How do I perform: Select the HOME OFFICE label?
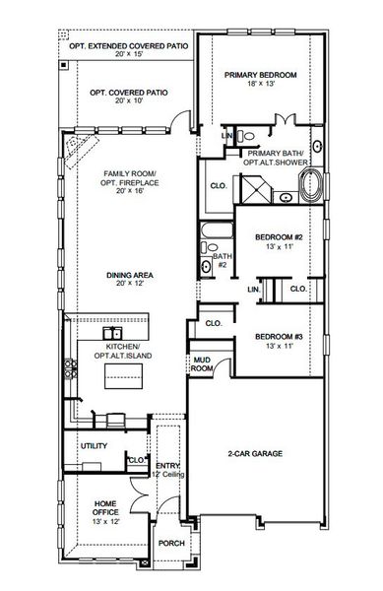tap(105, 508)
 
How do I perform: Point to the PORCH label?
tap(171, 543)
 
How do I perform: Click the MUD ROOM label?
tap(202, 364)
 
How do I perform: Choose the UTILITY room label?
tap(94, 445)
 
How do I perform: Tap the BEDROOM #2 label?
tap(277, 236)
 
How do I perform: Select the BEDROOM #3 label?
tap(277, 337)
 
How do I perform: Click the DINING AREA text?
tap(128, 275)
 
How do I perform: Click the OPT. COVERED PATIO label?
tap(129, 92)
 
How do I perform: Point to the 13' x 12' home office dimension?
tap(105, 521)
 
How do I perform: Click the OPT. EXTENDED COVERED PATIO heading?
tap(129, 46)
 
